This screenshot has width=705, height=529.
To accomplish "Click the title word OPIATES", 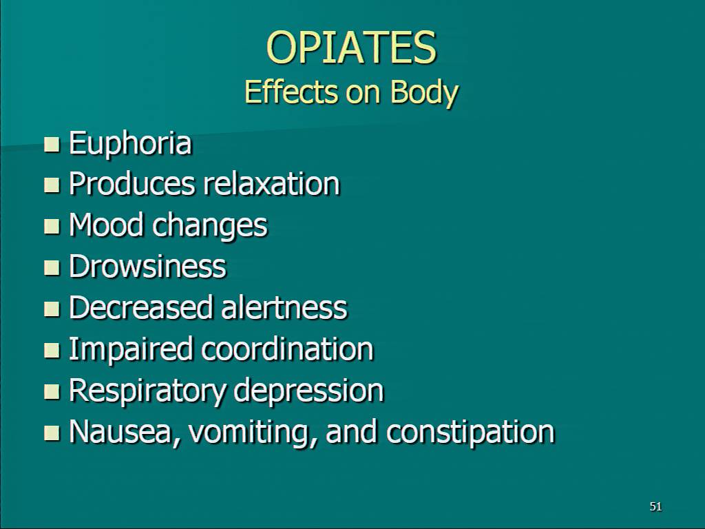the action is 351,48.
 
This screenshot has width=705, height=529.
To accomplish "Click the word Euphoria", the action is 130,144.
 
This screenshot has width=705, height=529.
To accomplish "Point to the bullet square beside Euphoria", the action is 52,145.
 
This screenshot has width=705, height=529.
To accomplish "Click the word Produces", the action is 132,185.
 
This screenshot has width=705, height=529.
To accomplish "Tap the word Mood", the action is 107,225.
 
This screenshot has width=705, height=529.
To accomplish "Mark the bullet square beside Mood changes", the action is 52,227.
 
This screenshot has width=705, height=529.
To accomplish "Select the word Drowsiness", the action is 147,266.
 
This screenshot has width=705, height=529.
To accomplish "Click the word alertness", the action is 284,307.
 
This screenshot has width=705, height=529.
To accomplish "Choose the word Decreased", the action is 140,307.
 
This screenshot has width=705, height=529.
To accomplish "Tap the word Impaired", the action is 130,349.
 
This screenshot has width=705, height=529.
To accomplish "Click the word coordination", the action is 287,349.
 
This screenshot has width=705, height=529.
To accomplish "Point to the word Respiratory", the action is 147,391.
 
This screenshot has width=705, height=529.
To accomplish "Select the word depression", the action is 309,391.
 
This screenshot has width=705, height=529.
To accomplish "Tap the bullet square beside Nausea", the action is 52,433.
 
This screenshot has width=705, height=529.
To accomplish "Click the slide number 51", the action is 656,506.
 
